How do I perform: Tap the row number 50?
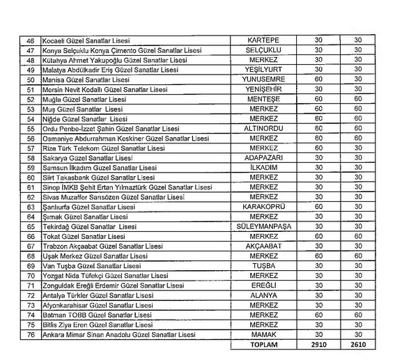30,80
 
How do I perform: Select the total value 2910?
318,344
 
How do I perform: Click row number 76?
30,334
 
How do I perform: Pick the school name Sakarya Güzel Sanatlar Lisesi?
80,158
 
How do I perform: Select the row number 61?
30,187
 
